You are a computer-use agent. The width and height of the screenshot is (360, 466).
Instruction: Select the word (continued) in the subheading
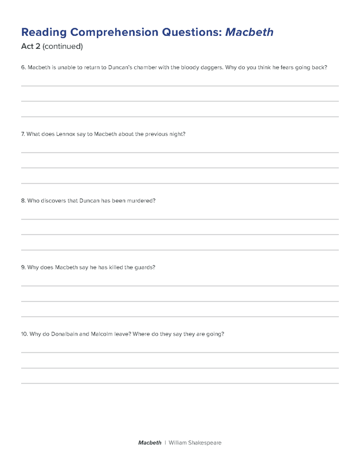point(62,47)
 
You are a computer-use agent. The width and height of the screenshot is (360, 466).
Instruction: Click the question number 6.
point(23,68)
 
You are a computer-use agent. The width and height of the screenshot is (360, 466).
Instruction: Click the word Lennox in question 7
point(66,134)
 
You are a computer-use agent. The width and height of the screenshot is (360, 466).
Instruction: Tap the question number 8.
point(23,200)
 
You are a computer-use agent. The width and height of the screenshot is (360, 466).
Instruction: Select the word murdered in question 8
point(141,200)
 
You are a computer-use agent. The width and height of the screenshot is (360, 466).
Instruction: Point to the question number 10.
point(24,334)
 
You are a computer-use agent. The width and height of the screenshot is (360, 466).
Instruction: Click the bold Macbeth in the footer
point(149,443)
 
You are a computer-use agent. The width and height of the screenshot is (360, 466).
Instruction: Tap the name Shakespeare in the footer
point(204,443)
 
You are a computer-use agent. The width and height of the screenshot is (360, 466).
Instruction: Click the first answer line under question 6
point(180,86)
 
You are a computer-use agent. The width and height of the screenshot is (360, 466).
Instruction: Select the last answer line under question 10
point(180,383)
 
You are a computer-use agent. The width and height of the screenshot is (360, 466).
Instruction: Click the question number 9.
point(23,267)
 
